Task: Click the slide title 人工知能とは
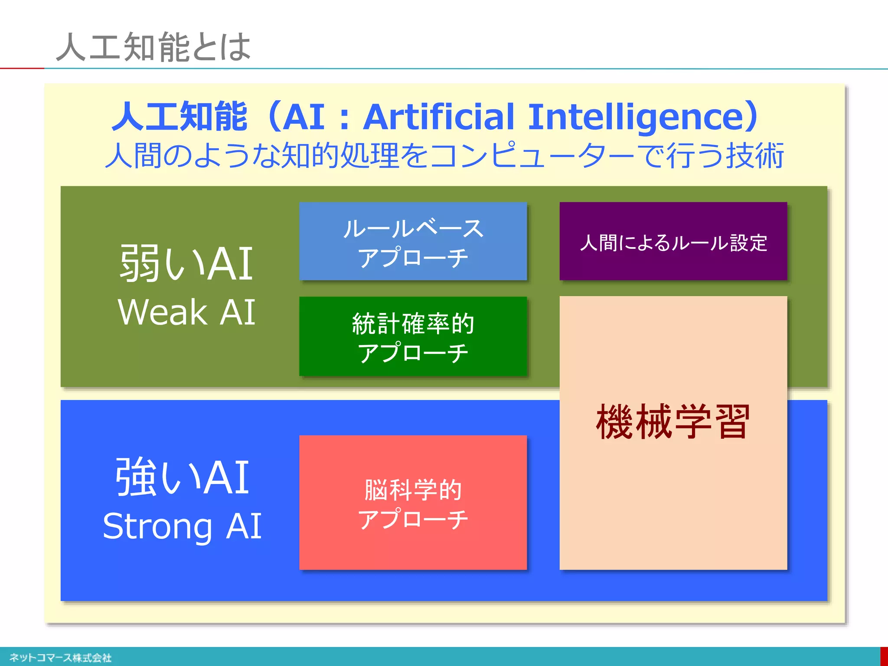coord(153,47)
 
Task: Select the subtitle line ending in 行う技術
coord(444,155)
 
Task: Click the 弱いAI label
coord(186,263)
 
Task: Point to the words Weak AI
coord(186,312)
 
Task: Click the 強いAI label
coord(182,477)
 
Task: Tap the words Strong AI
coord(182,526)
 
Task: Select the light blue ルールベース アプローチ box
coord(413,241)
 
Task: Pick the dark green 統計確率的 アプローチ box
coord(413,336)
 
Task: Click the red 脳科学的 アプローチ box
coord(413,503)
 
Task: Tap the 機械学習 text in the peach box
coord(673,421)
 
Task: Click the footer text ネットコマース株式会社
coord(61,658)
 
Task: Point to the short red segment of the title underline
coord(22,68)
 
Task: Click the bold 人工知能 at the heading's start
coord(179,117)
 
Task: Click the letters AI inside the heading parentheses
coord(304,117)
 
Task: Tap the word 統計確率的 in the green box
coord(413,323)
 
